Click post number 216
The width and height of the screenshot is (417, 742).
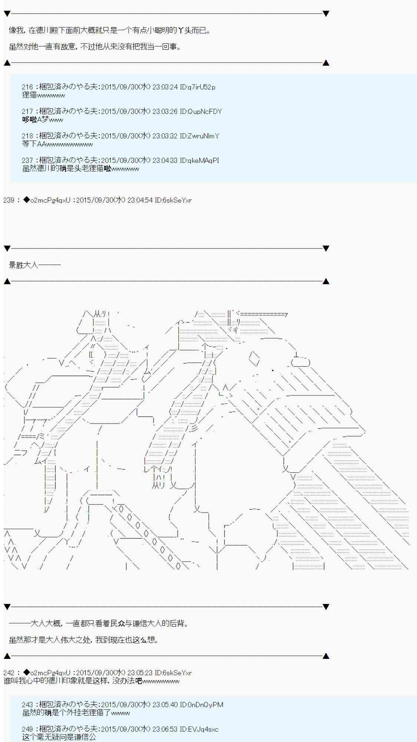coord(27,87)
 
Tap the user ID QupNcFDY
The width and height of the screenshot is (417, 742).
coord(205,112)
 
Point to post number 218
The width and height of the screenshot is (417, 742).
coord(27,136)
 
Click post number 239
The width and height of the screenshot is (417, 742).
coord(9,200)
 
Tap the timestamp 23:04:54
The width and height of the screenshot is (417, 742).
coord(140,200)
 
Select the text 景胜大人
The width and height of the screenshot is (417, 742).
coord(23,265)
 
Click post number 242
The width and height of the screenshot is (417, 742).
coord(9,673)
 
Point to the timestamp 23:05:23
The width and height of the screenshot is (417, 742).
coord(140,673)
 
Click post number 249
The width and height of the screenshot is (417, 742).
coord(27,729)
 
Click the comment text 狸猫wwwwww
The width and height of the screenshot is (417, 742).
coord(43,95)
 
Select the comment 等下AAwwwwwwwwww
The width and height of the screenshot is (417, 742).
coord(57,144)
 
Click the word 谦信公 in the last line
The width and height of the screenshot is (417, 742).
coord(85,737)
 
